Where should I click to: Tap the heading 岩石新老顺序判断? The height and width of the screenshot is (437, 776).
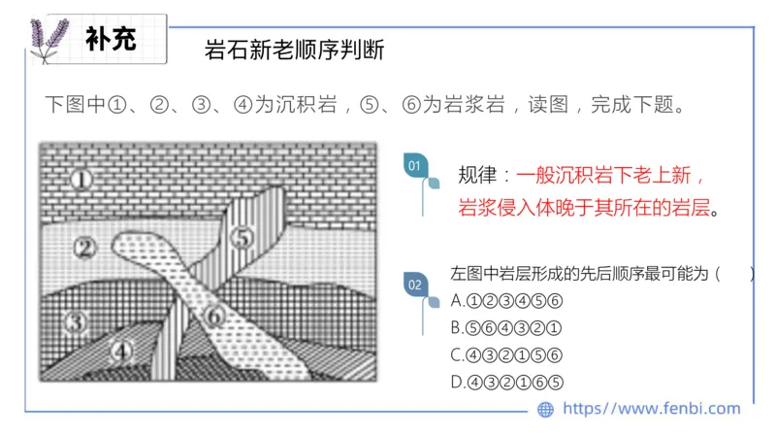coord(295,50)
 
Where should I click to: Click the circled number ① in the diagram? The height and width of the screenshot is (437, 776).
coord(83,179)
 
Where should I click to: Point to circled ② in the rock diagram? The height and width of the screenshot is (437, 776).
coord(86,248)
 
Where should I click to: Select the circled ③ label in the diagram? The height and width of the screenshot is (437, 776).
coord(77,319)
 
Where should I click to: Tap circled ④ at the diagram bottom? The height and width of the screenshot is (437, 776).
coord(121,351)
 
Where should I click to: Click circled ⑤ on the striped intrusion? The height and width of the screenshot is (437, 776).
coord(242,236)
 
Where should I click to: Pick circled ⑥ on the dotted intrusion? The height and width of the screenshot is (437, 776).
coord(215,315)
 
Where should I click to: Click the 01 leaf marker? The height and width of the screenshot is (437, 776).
coord(415,166)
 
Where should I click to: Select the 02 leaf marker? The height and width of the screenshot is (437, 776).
coord(415,285)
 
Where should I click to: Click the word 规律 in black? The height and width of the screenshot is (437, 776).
coord(476,177)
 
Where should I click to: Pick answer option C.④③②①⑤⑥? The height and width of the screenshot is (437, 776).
coord(506,353)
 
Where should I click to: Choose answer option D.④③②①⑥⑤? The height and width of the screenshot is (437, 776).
coord(506,382)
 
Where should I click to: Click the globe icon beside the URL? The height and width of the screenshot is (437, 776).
coord(545,410)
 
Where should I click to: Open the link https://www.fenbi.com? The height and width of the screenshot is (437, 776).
coord(651,409)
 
